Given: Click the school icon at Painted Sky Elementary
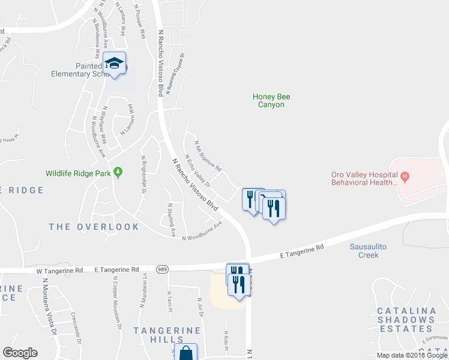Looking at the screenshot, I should tap(114, 63).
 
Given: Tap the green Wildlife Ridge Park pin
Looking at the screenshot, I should tap(118, 173).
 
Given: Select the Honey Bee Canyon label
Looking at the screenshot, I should tap(268, 100).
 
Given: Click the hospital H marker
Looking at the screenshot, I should tap(405, 176).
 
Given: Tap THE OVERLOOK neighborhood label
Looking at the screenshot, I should tap(94, 227).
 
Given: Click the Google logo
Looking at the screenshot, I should tap(20, 353).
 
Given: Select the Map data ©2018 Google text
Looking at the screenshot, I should tap(411, 355).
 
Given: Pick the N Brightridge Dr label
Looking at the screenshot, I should tap(144, 174).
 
